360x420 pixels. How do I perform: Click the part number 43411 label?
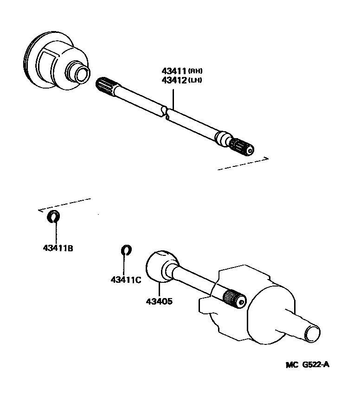[174, 71]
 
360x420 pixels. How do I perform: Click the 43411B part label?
[58, 248]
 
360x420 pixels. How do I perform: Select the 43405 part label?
[159, 301]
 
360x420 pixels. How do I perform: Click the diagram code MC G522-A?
[307, 364]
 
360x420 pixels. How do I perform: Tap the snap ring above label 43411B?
[54, 215]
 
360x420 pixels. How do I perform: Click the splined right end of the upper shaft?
[242, 147]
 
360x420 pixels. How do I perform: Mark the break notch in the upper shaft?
[165, 113]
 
